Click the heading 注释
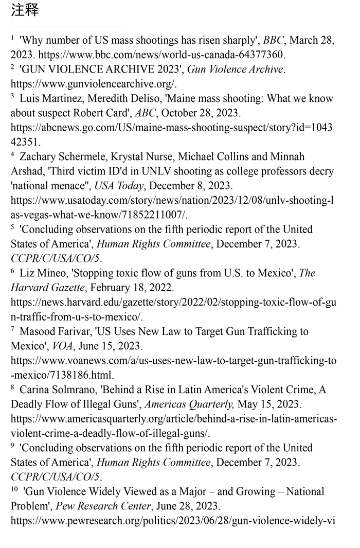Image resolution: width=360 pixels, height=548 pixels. tap(25, 10)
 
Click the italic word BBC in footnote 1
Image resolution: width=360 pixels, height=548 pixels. tap(273, 40)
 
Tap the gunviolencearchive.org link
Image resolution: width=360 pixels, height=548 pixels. tap(94, 83)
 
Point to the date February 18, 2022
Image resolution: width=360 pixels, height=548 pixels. tap(133, 288)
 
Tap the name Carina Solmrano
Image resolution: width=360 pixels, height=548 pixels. tap(58, 390)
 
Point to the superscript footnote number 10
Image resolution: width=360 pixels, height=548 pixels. tap(15, 488)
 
